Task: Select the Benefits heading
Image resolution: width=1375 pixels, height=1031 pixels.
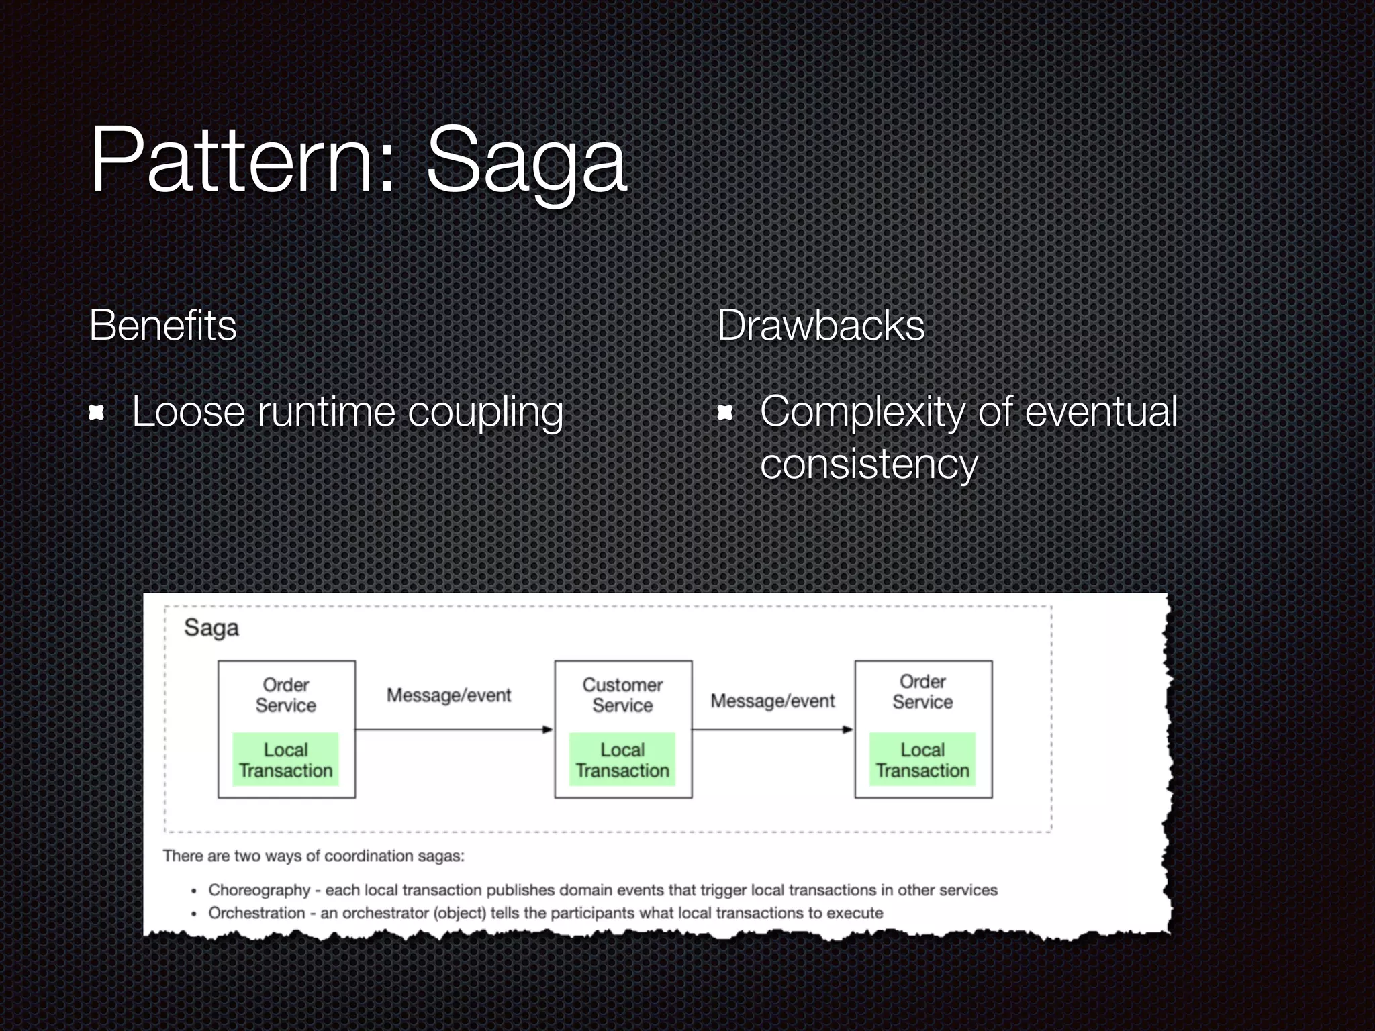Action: (163, 326)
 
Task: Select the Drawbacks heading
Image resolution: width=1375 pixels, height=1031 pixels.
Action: (820, 326)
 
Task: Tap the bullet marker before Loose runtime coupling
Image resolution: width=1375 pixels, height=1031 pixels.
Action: (97, 413)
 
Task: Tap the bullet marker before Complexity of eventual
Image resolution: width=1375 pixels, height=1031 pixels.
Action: (725, 413)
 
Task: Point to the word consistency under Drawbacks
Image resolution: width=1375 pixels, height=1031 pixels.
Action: (869, 464)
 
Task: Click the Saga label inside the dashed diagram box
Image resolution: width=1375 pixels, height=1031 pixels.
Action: (211, 628)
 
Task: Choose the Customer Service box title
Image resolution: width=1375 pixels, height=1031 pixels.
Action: (622, 695)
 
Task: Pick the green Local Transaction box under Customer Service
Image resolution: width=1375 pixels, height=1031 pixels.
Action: (622, 760)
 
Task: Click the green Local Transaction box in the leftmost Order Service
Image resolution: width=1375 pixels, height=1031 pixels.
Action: (286, 760)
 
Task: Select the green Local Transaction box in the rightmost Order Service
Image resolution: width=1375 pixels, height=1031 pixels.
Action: (922, 760)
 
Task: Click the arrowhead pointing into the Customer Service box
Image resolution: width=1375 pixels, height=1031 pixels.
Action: (548, 730)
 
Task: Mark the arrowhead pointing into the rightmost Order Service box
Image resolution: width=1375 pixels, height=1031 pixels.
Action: (848, 730)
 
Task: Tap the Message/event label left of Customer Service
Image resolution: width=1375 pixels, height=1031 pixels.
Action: (448, 695)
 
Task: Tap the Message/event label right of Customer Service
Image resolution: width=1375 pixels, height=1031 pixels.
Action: (772, 701)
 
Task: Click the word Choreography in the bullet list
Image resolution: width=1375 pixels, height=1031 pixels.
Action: (259, 890)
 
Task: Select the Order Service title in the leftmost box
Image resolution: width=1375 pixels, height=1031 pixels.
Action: (286, 695)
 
